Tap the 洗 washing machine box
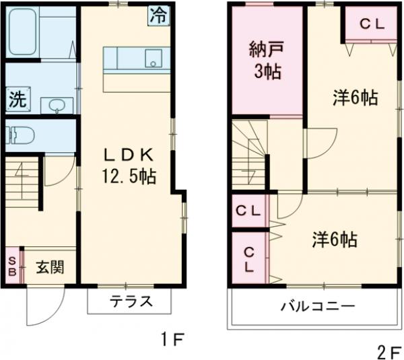(x=18, y=100)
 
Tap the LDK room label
(x=128, y=153)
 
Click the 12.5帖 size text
(x=128, y=177)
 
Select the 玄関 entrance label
(x=50, y=267)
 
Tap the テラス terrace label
(x=131, y=301)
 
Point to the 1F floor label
(x=173, y=338)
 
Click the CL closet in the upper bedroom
(x=370, y=24)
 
